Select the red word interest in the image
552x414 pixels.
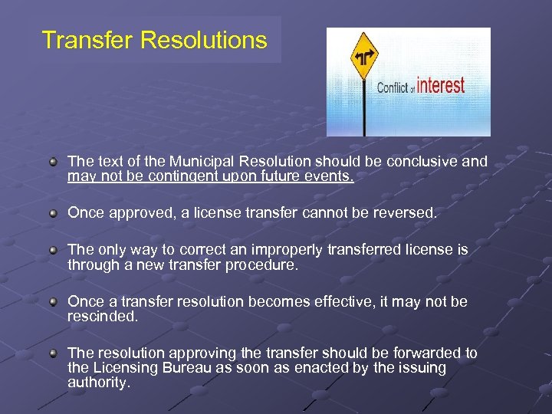pyautogui.click(x=441, y=86)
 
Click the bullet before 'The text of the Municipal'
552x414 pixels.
pyautogui.click(x=53, y=163)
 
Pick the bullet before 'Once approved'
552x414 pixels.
pyautogui.click(x=53, y=213)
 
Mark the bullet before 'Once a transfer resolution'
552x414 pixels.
pyautogui.click(x=53, y=302)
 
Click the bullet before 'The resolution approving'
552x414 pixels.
pyautogui.click(x=53, y=353)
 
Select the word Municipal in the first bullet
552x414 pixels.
pyautogui.click(x=203, y=162)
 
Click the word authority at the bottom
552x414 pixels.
pyautogui.click(x=98, y=382)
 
